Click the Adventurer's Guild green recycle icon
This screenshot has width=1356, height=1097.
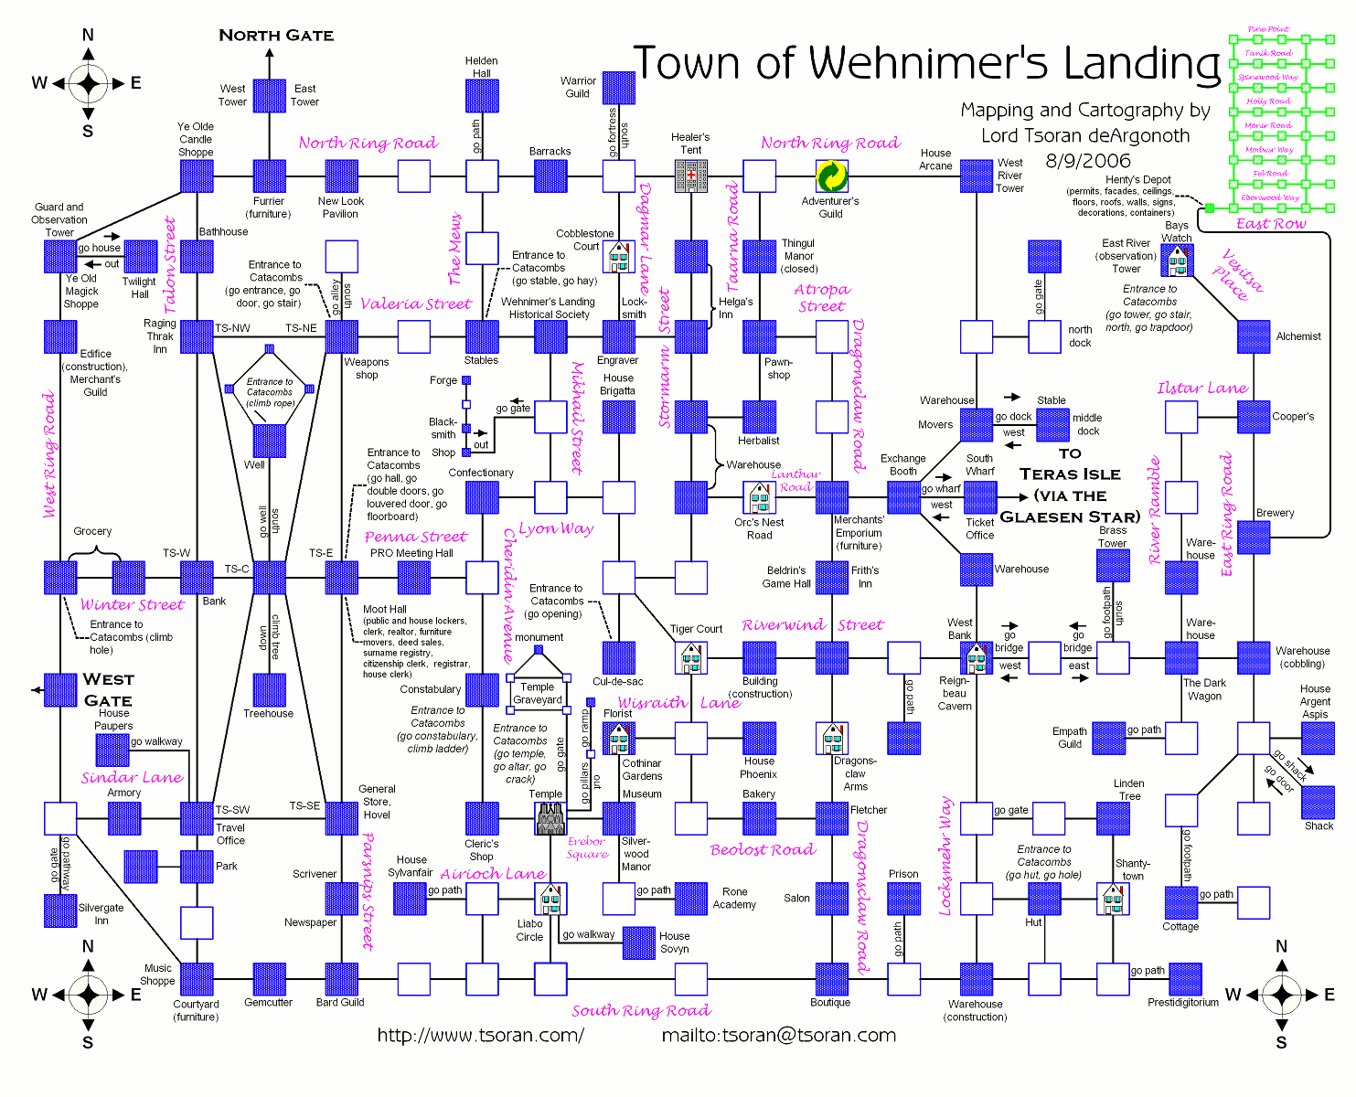pos(831,176)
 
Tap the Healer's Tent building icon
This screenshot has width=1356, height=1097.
pos(691,176)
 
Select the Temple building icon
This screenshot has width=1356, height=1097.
pos(550,818)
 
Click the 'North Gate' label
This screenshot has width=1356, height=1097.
pos(276,36)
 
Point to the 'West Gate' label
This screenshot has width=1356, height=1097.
pos(108,689)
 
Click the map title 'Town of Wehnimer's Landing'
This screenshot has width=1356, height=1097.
pos(927,64)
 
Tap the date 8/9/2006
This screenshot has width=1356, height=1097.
pos(1088,161)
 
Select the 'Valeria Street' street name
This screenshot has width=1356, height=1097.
pos(416,304)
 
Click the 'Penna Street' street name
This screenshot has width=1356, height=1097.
pos(415,537)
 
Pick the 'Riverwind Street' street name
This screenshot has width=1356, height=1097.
pos(812,625)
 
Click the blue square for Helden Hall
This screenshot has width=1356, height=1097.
pos(482,96)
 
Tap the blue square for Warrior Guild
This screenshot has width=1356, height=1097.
pos(619,88)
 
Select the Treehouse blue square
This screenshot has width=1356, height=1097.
pos(270,690)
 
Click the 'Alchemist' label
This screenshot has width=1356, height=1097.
pos(1298,336)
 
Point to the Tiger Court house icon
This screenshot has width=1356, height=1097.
pos(691,657)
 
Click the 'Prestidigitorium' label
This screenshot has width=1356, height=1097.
pos(1183,1003)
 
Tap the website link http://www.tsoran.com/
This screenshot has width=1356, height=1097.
pos(480,1035)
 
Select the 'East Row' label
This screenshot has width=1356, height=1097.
pos(1270,224)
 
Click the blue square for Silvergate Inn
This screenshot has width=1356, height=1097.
pos(61,911)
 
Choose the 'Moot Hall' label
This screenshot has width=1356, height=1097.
pos(385,609)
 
